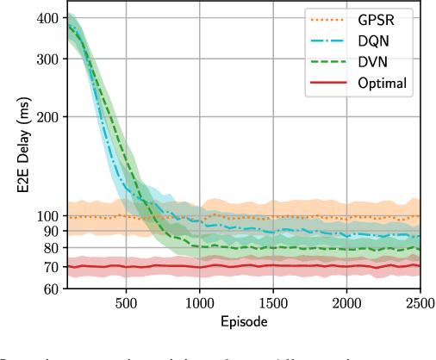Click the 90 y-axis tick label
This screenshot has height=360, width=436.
(x=51, y=231)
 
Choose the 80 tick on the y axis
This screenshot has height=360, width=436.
(x=51, y=248)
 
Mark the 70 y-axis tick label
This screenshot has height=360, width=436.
(x=51, y=267)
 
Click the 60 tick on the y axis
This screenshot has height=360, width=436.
(x=51, y=289)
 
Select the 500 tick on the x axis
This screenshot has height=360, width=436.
(x=126, y=304)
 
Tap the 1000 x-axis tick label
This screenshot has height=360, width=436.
(x=199, y=304)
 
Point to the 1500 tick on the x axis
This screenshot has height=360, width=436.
(x=273, y=304)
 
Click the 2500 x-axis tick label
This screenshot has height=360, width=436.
(x=419, y=304)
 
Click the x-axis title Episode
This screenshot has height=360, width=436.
(x=242, y=321)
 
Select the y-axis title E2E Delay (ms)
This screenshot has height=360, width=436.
(x=17, y=152)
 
